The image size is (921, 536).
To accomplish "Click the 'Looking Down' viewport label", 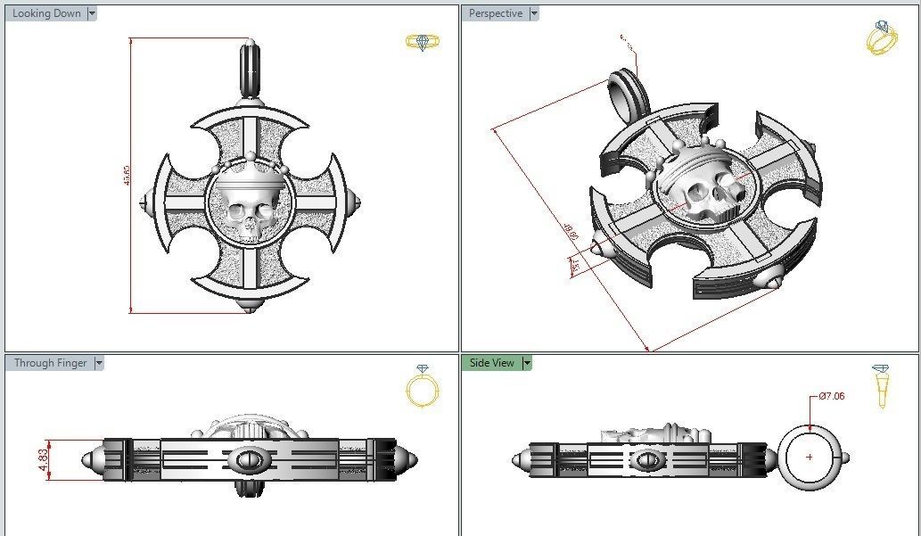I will (46, 13).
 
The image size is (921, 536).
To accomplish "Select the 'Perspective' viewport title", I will (496, 13).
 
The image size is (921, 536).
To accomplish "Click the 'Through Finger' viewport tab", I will (50, 363).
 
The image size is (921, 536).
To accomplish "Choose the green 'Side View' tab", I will (491, 363).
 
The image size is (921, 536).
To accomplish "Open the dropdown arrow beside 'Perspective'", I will (534, 13).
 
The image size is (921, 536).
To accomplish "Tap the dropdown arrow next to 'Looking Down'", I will (92, 13).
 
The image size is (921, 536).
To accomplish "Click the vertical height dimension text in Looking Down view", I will (127, 176).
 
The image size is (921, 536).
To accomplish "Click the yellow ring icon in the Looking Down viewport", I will (419, 42).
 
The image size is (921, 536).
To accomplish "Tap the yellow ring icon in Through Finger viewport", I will (421, 387).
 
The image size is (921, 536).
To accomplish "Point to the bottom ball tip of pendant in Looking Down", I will (249, 307).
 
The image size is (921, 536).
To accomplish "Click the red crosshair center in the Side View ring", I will (809, 457).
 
